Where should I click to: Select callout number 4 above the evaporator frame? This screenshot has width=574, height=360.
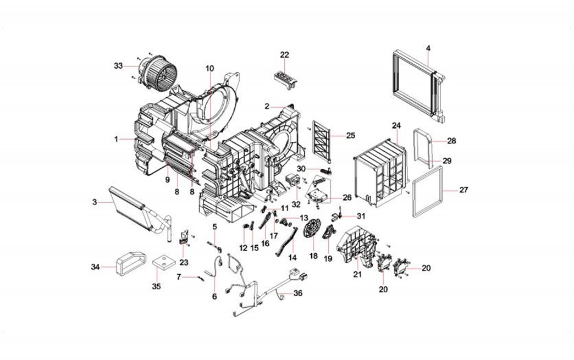coord(428,48)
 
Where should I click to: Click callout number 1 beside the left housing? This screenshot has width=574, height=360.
coord(117,140)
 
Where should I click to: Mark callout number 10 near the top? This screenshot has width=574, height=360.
coord(209,68)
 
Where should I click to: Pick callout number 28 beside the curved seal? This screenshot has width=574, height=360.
coord(451,141)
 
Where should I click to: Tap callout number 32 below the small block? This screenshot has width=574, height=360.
coord(296,204)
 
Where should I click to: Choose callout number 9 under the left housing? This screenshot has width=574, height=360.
coord(165,179)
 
